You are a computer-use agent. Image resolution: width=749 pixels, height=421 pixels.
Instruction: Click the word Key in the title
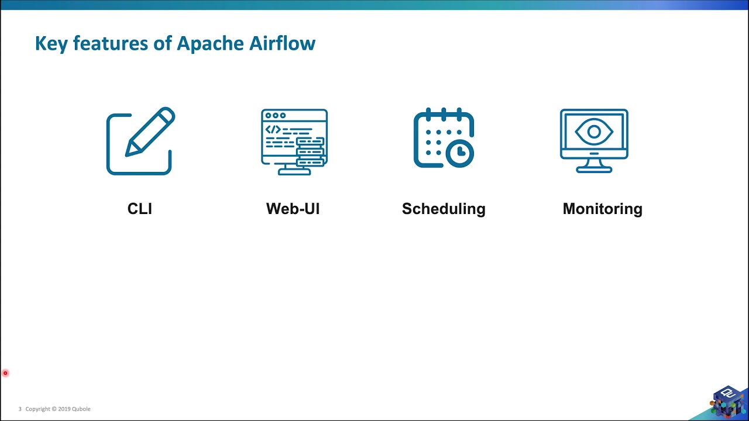51,44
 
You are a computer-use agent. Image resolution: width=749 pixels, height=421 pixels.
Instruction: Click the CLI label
140,209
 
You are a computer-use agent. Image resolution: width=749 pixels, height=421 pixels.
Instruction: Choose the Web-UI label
293,209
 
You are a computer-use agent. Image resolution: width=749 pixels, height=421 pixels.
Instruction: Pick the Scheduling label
444,209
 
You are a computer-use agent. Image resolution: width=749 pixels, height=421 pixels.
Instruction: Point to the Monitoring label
602,209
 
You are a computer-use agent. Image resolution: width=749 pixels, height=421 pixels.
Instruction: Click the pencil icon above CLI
140,141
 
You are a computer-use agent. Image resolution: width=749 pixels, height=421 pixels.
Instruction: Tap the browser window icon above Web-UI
294,141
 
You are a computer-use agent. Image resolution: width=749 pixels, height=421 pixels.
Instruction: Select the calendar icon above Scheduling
444,139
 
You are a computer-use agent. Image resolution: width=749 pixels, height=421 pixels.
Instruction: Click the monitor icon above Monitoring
594,140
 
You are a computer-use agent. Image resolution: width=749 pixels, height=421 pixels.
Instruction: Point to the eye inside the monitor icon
594,132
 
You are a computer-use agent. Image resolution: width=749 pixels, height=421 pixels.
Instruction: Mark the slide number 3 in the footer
20,409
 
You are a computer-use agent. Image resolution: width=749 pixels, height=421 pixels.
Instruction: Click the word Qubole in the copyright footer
81,409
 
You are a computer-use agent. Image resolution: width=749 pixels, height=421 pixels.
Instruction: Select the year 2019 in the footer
64,409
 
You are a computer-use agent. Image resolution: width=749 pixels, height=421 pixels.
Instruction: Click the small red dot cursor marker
5,373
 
